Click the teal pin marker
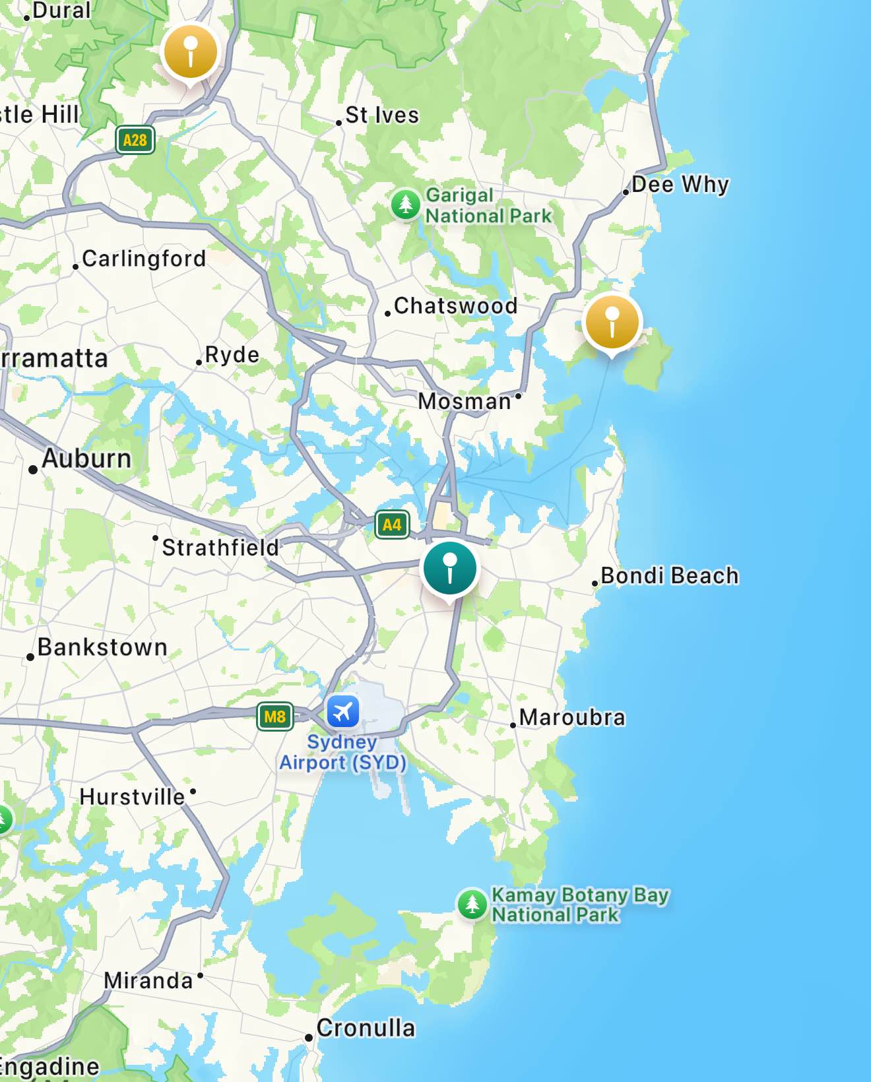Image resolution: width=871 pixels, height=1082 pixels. (450, 569)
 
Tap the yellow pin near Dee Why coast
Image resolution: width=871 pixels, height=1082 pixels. (612, 322)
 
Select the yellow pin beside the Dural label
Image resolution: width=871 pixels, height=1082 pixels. (190, 51)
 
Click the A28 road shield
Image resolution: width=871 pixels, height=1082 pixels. (135, 140)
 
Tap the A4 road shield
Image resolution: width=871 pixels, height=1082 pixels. (392, 525)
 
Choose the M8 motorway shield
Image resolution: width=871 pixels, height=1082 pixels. (274, 716)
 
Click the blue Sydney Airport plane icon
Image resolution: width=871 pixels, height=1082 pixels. (342, 712)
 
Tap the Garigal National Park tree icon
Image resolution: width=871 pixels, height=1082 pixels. (405, 205)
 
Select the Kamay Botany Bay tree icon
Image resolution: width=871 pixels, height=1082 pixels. (472, 904)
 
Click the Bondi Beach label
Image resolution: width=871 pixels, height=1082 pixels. (669, 576)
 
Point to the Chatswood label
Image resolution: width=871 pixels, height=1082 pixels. (455, 306)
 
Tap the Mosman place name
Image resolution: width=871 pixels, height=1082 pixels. (465, 401)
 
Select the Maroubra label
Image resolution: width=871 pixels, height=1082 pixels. (572, 717)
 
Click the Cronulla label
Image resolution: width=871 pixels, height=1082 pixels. (366, 1028)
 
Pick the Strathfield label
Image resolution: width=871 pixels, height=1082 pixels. (220, 548)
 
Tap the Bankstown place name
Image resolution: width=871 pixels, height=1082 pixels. (102, 647)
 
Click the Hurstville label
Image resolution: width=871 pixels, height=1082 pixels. (132, 797)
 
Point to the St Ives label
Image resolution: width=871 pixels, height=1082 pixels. (382, 115)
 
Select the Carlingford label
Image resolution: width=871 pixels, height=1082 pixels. (144, 259)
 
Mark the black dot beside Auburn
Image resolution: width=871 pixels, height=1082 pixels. (33, 470)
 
